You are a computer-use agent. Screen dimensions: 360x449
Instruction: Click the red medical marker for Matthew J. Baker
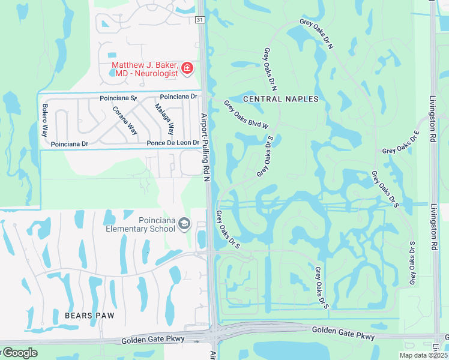coord(187,68)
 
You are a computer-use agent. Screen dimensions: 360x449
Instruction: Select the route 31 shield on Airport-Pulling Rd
coord(200,20)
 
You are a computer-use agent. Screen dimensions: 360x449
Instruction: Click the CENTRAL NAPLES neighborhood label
coord(280,98)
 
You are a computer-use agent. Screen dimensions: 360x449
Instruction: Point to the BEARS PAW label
coord(89,314)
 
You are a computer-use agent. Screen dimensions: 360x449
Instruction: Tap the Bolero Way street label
coord(44,120)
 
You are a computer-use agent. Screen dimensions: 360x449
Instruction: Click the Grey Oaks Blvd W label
coord(246,115)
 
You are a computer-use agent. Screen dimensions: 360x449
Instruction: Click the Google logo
coord(19,353)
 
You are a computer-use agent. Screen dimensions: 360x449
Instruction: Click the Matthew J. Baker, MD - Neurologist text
coord(145,68)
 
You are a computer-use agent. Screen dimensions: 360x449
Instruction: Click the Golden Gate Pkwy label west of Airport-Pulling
coord(149,340)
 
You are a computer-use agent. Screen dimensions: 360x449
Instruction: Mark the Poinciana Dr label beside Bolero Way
coord(70,144)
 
